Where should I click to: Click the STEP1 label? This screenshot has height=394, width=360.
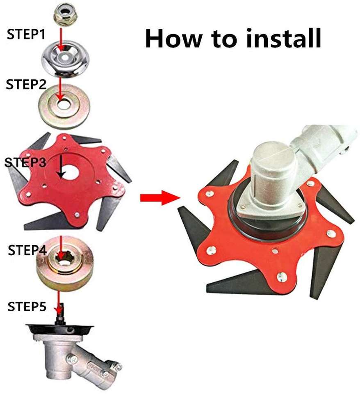pyautogui.click(x=26, y=34)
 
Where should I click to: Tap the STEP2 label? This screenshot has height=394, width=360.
pyautogui.click(x=26, y=84)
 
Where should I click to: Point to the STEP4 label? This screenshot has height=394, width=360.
pyautogui.click(x=27, y=250)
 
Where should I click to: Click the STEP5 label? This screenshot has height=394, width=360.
pyautogui.click(x=27, y=307)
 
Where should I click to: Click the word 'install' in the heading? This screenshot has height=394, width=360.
pyautogui.click(x=283, y=38)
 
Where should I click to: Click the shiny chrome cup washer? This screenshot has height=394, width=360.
pyautogui.click(x=65, y=59)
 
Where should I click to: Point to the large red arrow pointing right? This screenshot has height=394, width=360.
pyautogui.click(x=160, y=197)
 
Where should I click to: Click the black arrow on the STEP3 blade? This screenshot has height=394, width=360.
pyautogui.click(x=61, y=166)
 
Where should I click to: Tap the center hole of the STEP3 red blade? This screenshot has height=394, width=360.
pyautogui.click(x=70, y=172)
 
